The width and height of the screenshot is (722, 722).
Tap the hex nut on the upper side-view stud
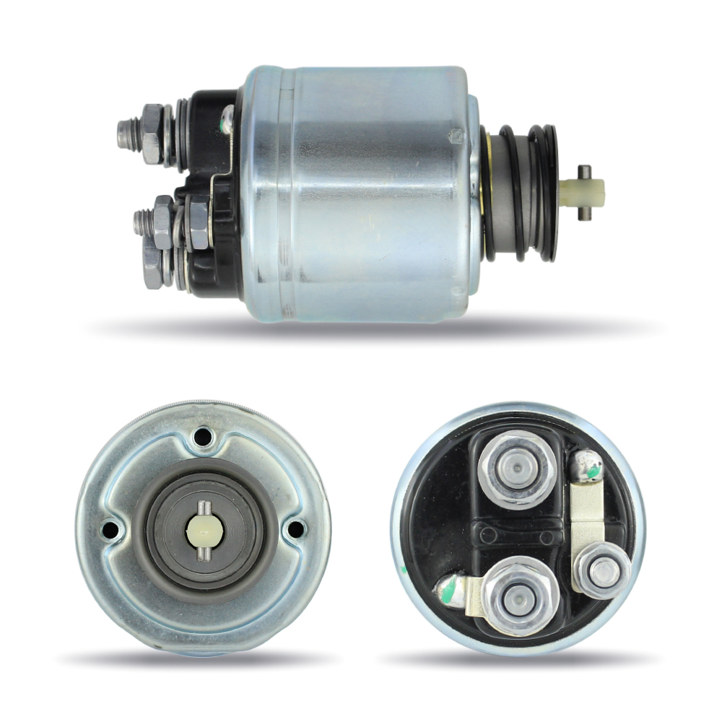(152, 134)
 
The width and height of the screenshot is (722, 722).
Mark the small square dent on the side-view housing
(456, 136)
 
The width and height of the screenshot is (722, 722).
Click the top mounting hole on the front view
(203, 437)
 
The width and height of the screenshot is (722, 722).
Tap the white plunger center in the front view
(203, 531)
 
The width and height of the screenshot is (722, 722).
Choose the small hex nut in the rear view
(602, 570)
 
